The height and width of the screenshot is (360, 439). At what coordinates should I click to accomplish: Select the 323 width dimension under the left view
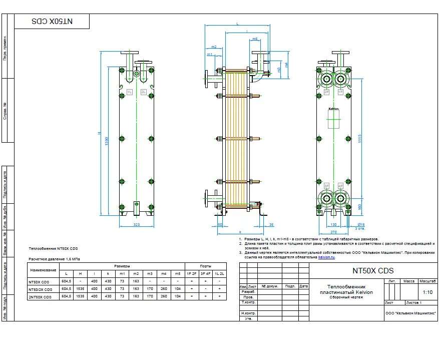coord(137,225)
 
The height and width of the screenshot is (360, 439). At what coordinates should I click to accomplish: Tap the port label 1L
coord(129,92)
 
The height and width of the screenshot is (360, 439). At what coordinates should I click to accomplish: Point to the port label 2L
coord(144,92)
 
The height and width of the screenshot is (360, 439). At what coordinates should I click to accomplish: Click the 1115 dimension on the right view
coord(360,140)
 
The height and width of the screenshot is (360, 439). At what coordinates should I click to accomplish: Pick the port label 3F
coord(327,186)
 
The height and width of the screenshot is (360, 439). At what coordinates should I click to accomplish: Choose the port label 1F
coord(340,92)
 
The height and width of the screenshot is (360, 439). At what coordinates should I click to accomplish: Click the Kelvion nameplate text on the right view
coord(333,109)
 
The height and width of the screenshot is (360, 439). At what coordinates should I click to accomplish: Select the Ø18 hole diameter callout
coord(360,225)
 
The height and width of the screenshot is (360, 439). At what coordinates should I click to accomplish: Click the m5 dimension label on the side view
coord(255,39)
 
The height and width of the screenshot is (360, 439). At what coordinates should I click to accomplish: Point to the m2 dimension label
coord(214,47)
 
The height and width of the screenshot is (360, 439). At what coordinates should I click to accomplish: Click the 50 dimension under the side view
coord(220,225)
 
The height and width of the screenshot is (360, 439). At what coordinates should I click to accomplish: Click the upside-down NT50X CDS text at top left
coord(52,22)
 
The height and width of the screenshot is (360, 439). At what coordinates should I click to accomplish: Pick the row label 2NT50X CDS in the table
coord(41,297)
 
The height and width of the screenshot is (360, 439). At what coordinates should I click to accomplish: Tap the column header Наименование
coord(44,270)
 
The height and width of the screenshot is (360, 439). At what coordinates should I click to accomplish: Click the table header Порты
coord(205,266)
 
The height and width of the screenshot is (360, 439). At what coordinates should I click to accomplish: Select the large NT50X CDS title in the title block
coord(373,271)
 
